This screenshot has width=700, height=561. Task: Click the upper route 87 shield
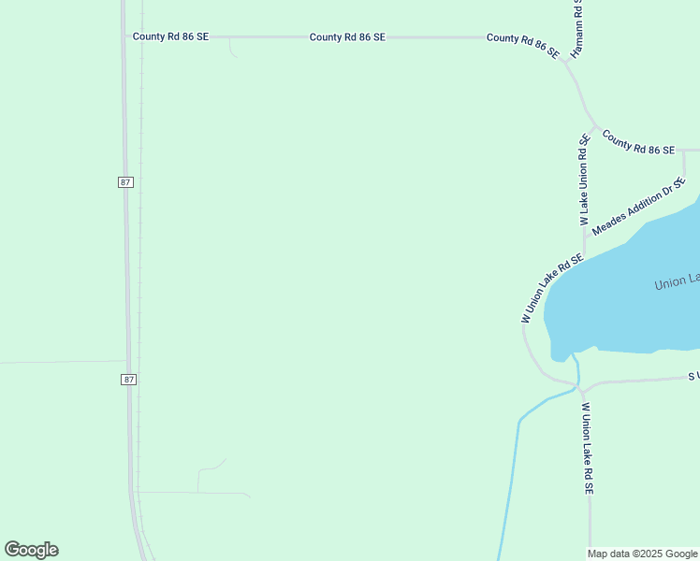pyautogui.click(x=126, y=181)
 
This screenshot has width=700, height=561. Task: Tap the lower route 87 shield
pyautogui.click(x=128, y=379)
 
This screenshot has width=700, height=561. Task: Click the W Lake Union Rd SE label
pyautogui.click(x=584, y=180)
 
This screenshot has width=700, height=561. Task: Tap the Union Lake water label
pyautogui.click(x=677, y=282)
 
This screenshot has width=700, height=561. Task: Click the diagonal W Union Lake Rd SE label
pyautogui.click(x=553, y=288)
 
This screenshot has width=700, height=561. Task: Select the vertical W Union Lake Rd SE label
pyautogui.click(x=588, y=448)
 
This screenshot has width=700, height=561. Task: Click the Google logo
pyautogui.click(x=31, y=550)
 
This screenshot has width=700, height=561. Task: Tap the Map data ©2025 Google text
pyautogui.click(x=643, y=554)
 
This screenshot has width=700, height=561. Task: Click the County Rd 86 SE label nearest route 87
pyautogui.click(x=170, y=36)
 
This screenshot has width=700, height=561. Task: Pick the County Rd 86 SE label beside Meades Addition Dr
pyautogui.click(x=638, y=143)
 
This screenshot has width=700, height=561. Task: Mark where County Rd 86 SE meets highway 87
pyautogui.click(x=125, y=37)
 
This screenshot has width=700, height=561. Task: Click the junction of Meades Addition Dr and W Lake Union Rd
pyautogui.click(x=585, y=234)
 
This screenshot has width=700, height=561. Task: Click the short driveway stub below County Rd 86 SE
pyautogui.click(x=231, y=50)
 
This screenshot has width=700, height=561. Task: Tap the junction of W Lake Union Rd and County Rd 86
pyautogui.click(x=594, y=128)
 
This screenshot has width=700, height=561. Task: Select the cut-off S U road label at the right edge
pyautogui.click(x=693, y=376)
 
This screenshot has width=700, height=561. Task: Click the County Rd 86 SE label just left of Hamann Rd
pyautogui.click(x=522, y=43)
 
